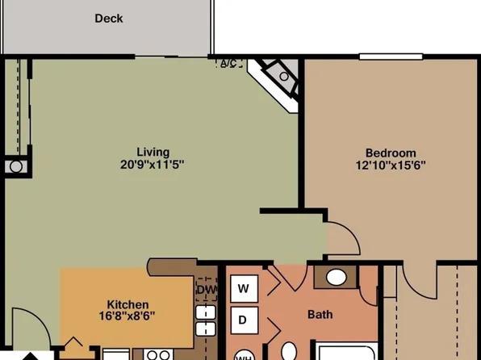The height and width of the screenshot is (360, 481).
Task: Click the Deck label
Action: (109, 18)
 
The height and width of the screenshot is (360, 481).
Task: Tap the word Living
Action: (153, 152)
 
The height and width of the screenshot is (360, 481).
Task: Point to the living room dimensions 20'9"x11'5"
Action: (153, 165)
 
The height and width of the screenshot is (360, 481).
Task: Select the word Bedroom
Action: (391, 153)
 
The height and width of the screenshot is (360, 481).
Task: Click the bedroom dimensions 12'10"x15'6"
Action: (391, 165)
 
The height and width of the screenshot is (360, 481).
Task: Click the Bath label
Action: (320, 315)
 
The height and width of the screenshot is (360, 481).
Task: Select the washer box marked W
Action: (244, 287)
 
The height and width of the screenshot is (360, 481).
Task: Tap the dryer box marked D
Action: (244, 320)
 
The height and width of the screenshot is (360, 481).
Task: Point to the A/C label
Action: (228, 64)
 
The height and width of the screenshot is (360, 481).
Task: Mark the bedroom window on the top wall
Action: (391, 57)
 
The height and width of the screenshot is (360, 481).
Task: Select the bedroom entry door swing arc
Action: (342, 237)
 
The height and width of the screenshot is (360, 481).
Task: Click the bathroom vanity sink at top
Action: (337, 278)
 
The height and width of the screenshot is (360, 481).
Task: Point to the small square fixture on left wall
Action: (16, 166)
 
